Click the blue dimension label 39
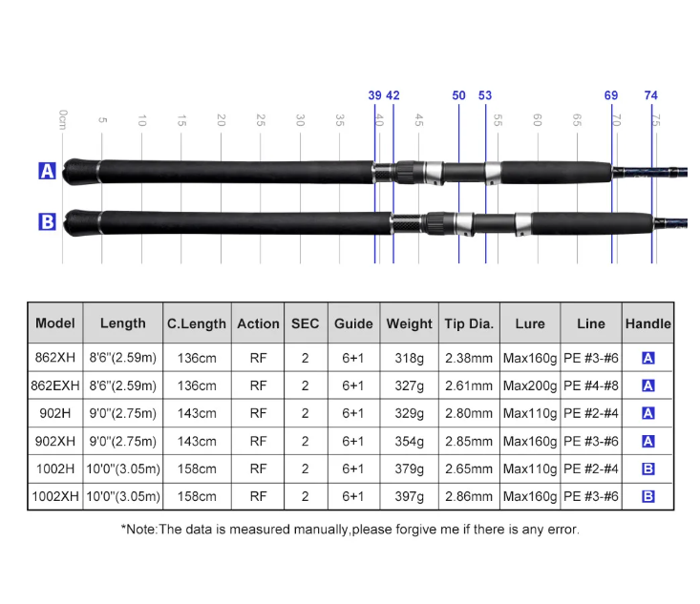pos(374,95)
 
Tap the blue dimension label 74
pos(651,95)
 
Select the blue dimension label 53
pos(485,95)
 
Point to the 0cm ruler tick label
pos(63,119)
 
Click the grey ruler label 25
pos(261,120)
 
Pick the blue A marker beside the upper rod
pos(47,171)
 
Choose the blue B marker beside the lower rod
pos(47,221)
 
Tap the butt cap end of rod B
pos(64,222)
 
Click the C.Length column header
pos(197,323)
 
